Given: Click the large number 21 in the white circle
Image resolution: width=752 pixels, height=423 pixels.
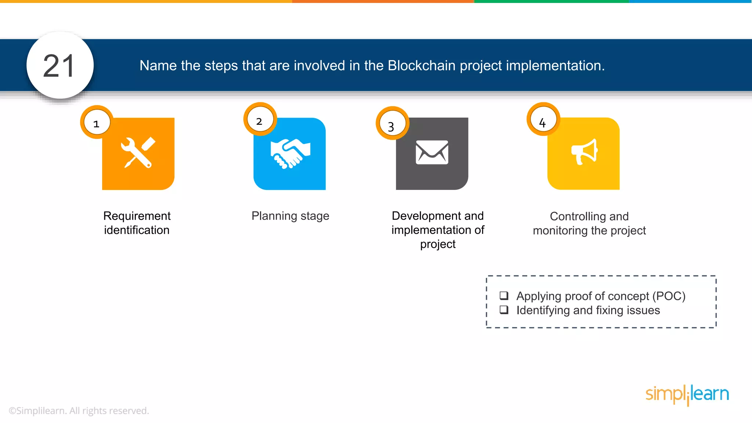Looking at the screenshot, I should tap(59, 66).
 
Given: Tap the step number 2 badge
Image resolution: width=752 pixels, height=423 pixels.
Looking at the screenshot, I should tap(260, 120).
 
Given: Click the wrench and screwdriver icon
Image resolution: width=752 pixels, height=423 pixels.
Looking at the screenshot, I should tap(138, 153).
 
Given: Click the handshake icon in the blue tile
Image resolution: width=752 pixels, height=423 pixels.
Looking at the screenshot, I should tap(290, 153).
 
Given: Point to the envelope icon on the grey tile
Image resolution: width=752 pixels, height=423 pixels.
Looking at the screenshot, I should tap(432, 152).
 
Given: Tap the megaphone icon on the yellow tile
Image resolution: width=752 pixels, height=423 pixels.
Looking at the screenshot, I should tap(584, 152).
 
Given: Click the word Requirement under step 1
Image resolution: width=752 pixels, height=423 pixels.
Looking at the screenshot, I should tap(137, 216).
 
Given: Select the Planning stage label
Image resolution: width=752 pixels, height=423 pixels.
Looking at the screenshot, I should tap(290, 216).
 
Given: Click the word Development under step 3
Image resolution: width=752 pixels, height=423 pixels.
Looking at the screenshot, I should tap(422, 216).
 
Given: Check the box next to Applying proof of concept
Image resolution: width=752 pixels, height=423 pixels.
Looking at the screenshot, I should tap(504, 296).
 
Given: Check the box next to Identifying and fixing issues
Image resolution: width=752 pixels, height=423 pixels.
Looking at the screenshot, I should tap(504, 310).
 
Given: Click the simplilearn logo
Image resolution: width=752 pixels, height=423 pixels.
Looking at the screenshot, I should tap(687, 394).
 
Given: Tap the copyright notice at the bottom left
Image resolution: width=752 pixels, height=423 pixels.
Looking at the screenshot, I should tap(79, 411).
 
